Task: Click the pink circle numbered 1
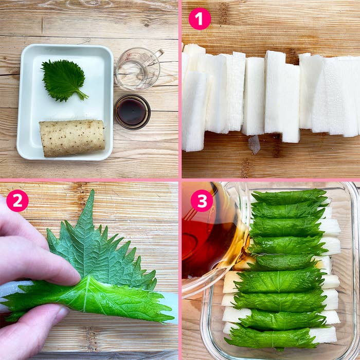(200, 19)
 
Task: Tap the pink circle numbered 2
(17, 201)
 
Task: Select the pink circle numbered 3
(202, 201)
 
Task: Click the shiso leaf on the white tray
(63, 80)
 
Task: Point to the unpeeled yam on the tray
(72, 138)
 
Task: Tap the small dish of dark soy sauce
(132, 112)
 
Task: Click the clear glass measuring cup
(138, 69)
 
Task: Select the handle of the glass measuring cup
(159, 53)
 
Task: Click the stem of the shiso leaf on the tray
(82, 95)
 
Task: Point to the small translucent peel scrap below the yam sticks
(254, 145)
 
